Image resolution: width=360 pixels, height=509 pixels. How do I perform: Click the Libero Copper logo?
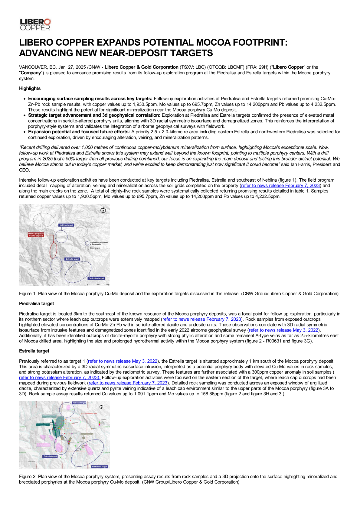35,24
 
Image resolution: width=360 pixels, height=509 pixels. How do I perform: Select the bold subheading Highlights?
30,89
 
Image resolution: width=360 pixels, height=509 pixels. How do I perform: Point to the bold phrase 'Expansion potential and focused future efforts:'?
79,132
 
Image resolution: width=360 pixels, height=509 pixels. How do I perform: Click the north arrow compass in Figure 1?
103,210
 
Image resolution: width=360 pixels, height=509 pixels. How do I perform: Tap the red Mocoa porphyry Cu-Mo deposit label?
36,235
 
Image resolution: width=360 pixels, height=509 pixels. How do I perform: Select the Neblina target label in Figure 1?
66,225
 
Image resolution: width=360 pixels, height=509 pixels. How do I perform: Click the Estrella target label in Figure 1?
73,259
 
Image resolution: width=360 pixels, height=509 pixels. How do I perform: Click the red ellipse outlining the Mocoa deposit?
53,250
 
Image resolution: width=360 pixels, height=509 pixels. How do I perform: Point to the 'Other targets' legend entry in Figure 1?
95,248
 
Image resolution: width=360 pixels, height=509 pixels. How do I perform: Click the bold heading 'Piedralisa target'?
37,304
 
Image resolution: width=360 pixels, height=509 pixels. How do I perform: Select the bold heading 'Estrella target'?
34,351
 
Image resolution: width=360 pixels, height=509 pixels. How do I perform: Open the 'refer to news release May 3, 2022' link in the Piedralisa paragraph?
284,330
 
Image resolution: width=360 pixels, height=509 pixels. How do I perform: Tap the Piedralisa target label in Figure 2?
100,467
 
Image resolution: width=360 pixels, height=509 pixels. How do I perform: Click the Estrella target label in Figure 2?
50,456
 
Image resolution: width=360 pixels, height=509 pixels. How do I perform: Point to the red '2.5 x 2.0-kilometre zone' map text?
89,413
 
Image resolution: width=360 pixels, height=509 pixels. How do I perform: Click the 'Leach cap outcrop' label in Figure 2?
87,434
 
